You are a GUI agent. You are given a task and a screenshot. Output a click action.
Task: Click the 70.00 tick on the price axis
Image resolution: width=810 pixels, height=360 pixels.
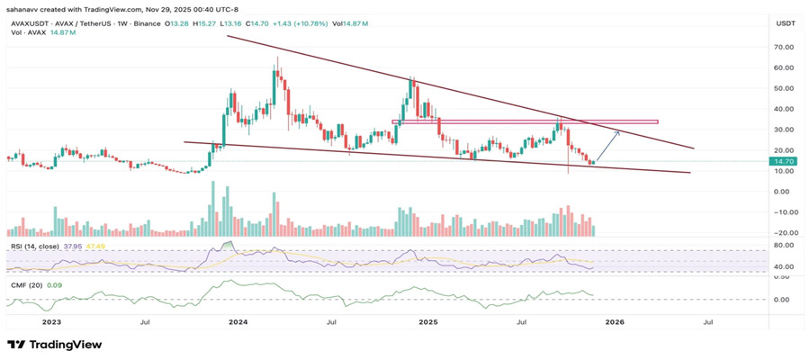781,47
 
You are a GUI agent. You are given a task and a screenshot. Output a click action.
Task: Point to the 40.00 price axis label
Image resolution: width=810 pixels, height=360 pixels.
781,109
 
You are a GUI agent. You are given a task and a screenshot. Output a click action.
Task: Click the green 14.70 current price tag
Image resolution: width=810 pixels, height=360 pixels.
782,161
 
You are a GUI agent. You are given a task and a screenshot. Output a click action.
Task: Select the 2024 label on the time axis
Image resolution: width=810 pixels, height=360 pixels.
238,321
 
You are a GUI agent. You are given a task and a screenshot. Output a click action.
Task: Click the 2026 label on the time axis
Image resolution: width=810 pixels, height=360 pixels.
615,321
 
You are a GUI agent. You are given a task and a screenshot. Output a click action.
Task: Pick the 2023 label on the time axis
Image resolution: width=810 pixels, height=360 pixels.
51,321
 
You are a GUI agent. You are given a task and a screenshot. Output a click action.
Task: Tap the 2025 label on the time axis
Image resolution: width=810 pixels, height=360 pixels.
427,321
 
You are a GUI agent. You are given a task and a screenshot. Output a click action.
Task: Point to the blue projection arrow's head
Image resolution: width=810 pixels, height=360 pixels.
619,131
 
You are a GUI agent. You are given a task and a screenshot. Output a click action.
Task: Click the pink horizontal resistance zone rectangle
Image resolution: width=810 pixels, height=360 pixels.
525,121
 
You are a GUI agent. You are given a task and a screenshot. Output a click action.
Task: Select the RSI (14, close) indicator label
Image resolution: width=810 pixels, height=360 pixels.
33,245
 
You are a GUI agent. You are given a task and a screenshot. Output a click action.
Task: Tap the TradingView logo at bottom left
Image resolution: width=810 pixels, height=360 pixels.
54,345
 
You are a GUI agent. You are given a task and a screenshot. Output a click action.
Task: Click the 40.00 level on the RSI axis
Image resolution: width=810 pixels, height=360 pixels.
781,267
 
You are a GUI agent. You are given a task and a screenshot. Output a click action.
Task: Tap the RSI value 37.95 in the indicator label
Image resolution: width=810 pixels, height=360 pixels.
73,245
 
